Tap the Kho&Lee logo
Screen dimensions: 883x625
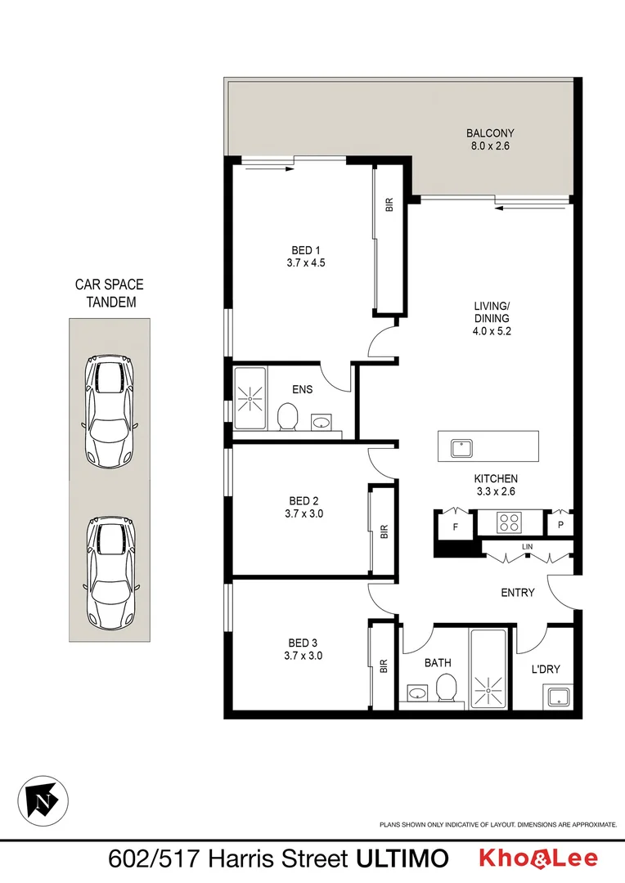click(x=537, y=858)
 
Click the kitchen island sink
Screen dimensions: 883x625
click(x=461, y=447)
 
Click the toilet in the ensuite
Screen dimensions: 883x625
click(x=287, y=418)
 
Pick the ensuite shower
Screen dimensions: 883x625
click(x=250, y=398)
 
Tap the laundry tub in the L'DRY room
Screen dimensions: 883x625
click(x=560, y=697)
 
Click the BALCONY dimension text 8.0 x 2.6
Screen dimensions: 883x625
click(x=490, y=147)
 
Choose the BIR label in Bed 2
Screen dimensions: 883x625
click(x=383, y=531)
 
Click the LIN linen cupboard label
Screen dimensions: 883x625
click(x=528, y=546)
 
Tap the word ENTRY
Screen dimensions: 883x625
click(x=518, y=592)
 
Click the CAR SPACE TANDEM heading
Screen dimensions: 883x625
click(x=109, y=293)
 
